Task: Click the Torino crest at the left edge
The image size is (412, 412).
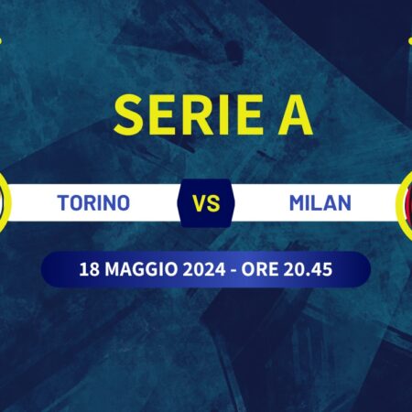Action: pos(5,200)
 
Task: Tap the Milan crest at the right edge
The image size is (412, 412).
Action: pos(406,200)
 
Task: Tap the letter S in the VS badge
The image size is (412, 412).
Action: pos(215,202)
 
